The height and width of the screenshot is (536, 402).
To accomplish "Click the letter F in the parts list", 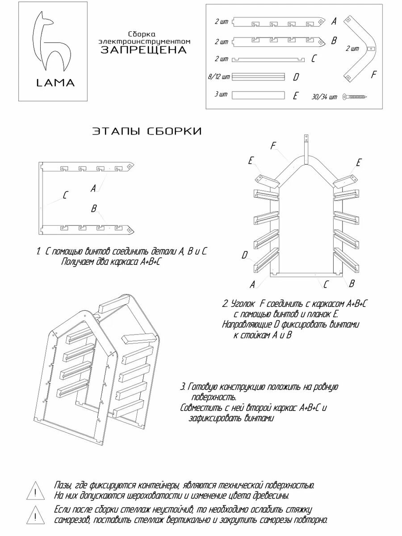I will click(x=374, y=75).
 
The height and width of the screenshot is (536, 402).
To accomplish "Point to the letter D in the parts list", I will click(x=296, y=77).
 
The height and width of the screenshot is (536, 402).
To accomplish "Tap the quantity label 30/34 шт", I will click(x=326, y=97).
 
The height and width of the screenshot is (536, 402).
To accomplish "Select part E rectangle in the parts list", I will click(x=259, y=95).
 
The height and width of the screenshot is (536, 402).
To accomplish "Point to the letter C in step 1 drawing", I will click(x=66, y=195).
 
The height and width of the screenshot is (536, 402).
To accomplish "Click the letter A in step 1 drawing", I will click(x=93, y=188).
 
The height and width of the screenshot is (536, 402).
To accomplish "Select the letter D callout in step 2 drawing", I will click(x=244, y=255).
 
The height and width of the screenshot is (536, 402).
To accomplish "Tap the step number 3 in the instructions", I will click(x=183, y=386).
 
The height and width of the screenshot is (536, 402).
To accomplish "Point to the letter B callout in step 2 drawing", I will click(x=352, y=283).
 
